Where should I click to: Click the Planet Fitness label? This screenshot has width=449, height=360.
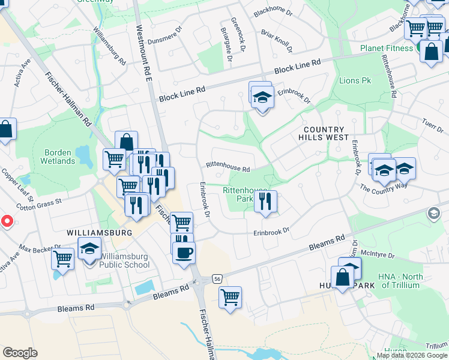pos(387,48)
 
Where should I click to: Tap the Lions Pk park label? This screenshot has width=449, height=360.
pos(355,80)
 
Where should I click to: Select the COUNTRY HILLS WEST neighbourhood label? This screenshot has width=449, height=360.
pos(325,133)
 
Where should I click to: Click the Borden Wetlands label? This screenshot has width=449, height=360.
pos(58,157)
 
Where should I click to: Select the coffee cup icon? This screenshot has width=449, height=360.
pos(184,252)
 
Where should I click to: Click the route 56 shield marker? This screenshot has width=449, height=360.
pos(217,279)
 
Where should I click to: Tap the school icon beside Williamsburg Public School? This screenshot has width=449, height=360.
pos(90,248)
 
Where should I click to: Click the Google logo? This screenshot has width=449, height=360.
pos(20,353)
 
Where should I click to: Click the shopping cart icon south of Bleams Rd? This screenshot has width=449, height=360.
pos(230,297)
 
